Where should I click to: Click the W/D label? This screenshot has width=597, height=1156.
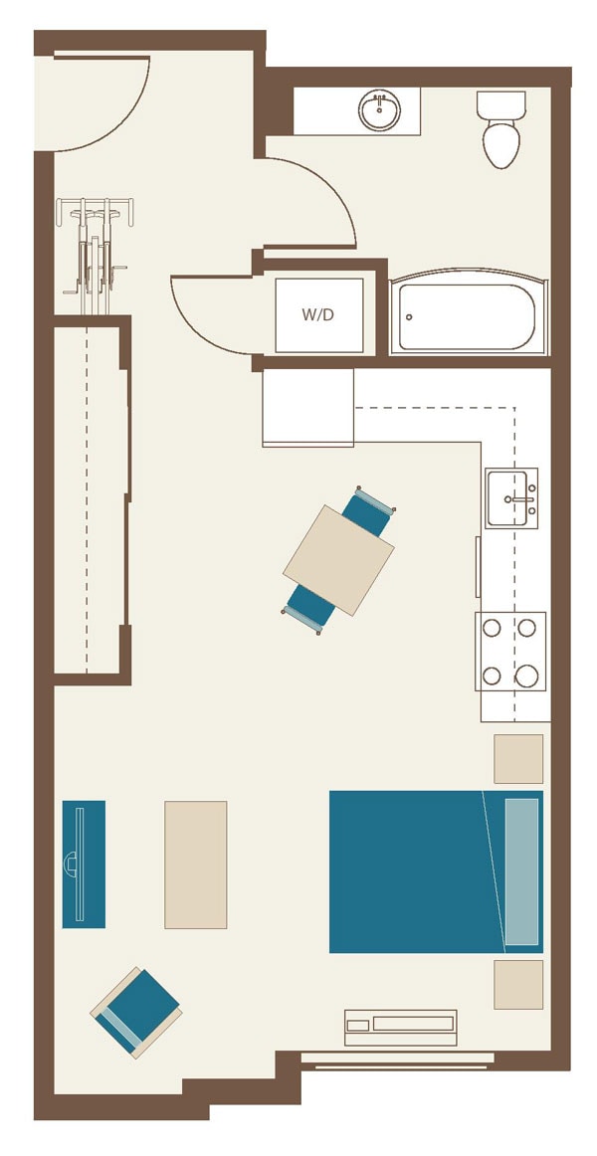317,315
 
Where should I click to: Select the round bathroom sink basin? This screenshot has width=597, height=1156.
379,110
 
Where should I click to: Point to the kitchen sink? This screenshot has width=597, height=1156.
510,498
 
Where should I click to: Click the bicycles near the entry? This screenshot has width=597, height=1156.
95,246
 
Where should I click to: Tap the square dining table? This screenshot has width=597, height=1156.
338,560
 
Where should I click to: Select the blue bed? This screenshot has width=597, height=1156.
418,871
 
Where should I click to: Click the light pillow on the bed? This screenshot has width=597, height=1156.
521,871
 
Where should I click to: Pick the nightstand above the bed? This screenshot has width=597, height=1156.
518,759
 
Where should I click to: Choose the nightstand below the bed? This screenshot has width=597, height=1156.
518,985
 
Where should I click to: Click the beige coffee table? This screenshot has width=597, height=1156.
195,865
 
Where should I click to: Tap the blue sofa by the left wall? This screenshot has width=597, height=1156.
84,864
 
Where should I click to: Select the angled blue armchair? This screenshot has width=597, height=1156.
137,1011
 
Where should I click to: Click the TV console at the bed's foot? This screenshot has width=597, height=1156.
400,1027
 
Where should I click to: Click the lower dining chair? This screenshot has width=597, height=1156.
307,608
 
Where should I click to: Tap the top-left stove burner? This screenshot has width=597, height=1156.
492,628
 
